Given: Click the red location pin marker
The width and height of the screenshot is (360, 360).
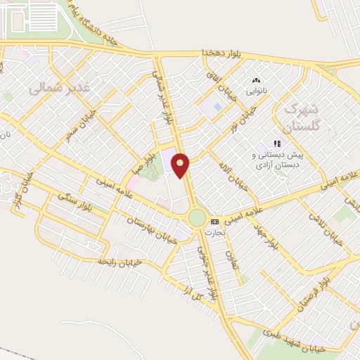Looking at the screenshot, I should (x=181, y=165).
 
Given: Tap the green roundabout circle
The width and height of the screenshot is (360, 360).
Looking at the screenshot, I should (x=197, y=218).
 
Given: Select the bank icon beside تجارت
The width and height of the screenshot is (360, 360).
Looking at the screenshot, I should (x=214, y=221).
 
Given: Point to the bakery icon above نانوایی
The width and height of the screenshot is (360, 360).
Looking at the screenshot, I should (x=255, y=82).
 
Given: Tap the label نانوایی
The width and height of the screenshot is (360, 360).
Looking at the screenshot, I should (x=256, y=91).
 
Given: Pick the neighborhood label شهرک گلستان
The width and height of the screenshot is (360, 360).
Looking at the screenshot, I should (x=300, y=117).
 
